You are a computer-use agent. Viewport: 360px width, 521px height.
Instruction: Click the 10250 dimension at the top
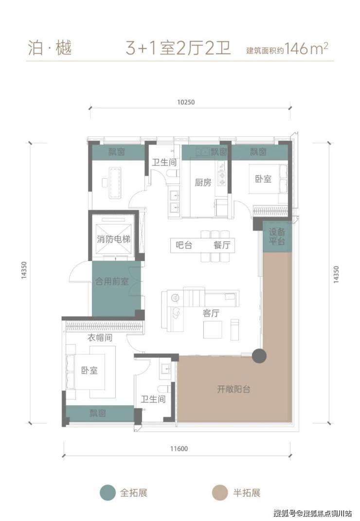click(x=186, y=102)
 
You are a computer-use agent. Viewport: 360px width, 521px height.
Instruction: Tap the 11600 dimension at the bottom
click(x=179, y=448)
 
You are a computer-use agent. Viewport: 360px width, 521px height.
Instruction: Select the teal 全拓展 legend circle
click(x=108, y=492)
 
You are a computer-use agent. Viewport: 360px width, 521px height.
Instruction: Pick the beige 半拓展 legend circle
click(x=220, y=492)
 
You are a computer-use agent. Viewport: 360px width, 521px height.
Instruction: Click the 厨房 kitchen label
click(x=203, y=182)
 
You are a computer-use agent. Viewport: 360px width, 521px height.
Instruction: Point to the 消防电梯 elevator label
click(x=113, y=239)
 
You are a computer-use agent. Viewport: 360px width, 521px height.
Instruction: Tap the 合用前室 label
click(x=112, y=281)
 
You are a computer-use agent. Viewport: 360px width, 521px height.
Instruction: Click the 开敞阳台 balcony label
click(x=234, y=389)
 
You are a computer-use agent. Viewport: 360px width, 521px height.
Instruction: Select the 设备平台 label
click(x=277, y=236)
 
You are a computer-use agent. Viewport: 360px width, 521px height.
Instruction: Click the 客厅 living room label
click(x=211, y=313)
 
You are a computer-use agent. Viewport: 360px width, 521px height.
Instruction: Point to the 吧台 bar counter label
click(x=184, y=245)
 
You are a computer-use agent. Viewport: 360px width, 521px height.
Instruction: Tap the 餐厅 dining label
click(x=222, y=245)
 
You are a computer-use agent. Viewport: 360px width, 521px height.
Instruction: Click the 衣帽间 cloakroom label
click(x=100, y=337)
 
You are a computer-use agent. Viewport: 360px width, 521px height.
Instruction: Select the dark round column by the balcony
click(x=259, y=356)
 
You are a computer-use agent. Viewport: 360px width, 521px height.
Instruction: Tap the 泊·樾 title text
click(x=50, y=48)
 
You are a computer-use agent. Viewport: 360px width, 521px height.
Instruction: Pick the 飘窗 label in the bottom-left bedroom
click(x=98, y=413)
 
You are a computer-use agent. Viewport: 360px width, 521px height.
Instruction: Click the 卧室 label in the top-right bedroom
click(x=263, y=179)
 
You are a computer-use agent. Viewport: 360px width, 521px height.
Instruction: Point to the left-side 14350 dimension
click(x=24, y=270)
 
